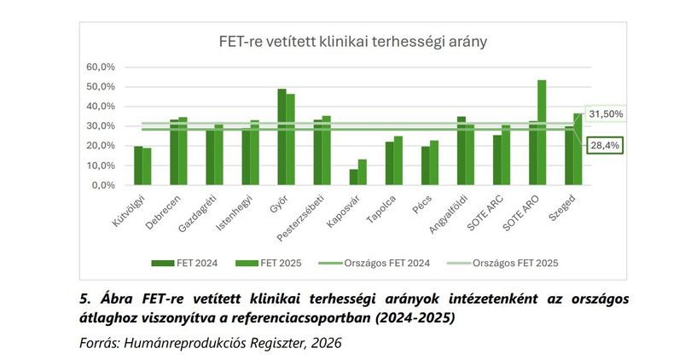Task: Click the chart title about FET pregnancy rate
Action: coord(353,42)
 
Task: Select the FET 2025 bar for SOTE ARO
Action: coord(542,132)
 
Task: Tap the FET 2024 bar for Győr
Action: coord(282,136)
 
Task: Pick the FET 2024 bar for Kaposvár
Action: coord(353,177)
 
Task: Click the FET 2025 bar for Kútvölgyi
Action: coord(147,166)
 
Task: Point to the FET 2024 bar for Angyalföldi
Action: coord(461,151)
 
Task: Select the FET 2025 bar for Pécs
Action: coord(434,163)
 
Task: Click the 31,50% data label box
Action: coord(606,114)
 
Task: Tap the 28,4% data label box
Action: coord(605,145)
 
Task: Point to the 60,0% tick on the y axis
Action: coord(101,67)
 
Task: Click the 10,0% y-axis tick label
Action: coord(101,165)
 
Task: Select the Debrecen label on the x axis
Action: coord(163,212)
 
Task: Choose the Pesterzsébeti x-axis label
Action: coord(300,218)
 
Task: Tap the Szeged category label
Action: coord(562,208)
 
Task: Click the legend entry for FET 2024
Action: coord(184,263)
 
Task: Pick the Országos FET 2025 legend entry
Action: coord(502,263)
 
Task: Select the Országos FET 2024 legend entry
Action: coord(375,263)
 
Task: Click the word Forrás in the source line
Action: coord(98,343)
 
